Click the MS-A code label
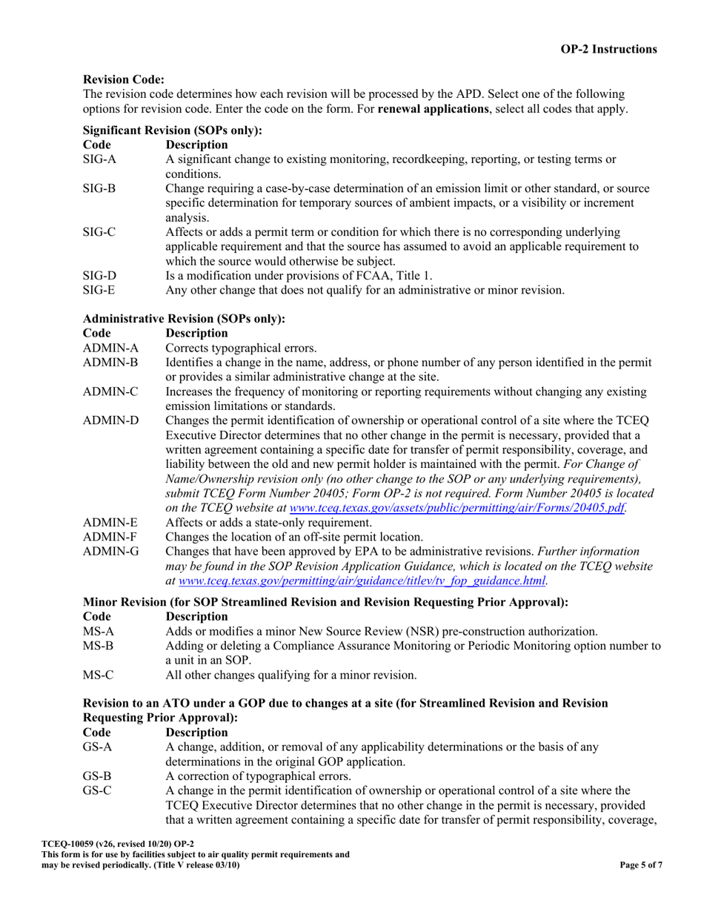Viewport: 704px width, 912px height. tap(98, 631)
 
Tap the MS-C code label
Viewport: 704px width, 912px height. tap(98, 675)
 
